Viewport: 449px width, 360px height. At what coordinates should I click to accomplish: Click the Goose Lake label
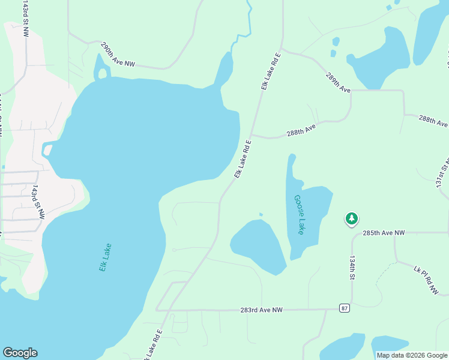299,214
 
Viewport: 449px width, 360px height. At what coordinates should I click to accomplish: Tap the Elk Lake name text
106,257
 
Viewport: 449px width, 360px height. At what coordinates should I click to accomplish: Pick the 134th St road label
352,267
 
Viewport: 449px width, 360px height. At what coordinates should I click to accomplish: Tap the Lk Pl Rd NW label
428,278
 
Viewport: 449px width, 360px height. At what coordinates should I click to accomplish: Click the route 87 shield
343,308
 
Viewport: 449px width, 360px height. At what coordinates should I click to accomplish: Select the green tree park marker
351,219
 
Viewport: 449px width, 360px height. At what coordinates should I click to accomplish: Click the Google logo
20,353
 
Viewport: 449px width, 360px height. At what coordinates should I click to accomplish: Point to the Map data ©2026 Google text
412,355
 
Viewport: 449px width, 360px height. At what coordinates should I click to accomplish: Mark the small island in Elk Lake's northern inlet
102,74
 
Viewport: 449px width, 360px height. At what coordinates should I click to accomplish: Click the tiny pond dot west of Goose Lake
261,214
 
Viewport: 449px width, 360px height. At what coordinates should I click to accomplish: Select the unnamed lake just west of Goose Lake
258,245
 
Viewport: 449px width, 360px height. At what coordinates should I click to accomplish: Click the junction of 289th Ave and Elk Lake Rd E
280,50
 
